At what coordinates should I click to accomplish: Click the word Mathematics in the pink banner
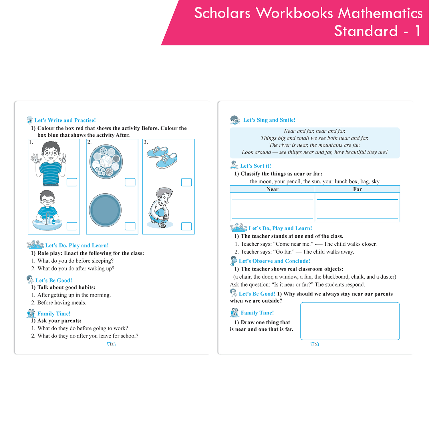coord(380,13)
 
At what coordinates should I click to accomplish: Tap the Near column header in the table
coord(272,189)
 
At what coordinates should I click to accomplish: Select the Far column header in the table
coord(357,189)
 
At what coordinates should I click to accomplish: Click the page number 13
coord(111,344)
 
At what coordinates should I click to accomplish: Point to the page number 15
coord(315,344)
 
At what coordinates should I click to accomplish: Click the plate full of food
coord(106,162)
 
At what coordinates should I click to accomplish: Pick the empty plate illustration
coord(105,210)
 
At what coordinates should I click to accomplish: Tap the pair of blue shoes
coord(162,157)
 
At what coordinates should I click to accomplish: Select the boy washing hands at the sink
coord(47,210)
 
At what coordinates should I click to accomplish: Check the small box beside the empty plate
coord(130,226)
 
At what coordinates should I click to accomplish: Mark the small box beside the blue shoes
coord(186,182)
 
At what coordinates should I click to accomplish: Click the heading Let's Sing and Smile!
coord(269,120)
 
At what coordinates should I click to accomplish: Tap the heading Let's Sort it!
coord(255,166)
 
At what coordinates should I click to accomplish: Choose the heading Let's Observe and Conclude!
coord(274,261)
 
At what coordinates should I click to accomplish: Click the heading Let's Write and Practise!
coord(65,120)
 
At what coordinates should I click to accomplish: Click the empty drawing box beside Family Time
coord(350,321)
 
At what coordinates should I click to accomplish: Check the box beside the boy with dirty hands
coord(72,182)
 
